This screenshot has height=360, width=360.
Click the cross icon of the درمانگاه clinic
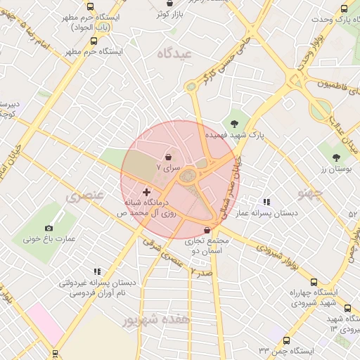click(x=146, y=192)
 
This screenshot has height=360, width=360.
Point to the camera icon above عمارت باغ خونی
click(x=49, y=228)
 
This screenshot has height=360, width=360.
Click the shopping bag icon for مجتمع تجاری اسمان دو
click(x=206, y=230)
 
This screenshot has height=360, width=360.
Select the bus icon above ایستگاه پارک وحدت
click(x=344, y=8)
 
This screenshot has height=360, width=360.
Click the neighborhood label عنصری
click(x=85, y=196)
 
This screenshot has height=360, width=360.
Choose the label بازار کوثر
click(x=171, y=13)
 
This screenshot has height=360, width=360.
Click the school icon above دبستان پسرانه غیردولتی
click(x=97, y=271)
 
